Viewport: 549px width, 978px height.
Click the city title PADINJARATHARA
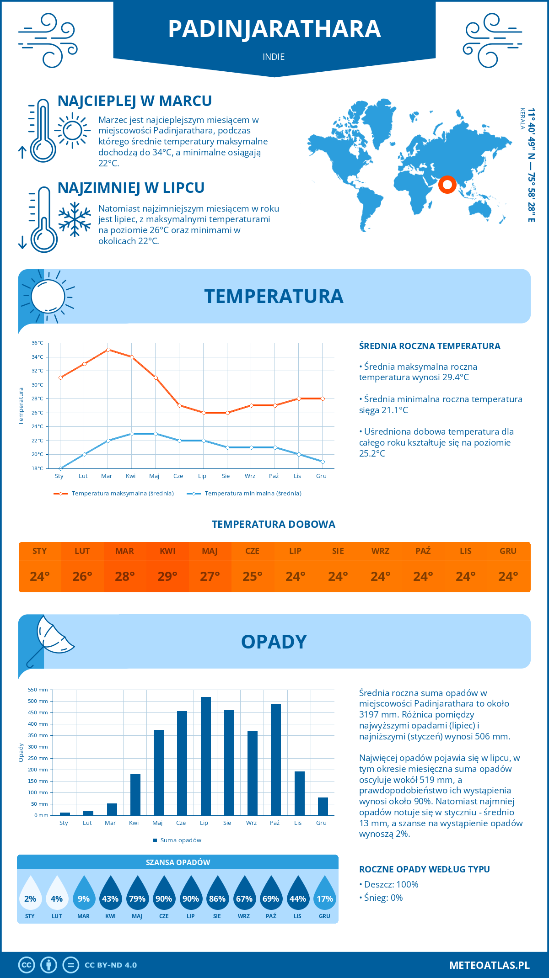click(x=274, y=29)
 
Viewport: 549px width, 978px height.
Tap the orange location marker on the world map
click(x=447, y=185)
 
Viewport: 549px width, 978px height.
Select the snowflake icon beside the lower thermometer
click(x=75, y=219)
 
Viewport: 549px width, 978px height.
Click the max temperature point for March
click(x=108, y=350)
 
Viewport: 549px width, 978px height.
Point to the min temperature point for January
click(x=60, y=468)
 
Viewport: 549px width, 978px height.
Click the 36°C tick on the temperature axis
click(x=38, y=343)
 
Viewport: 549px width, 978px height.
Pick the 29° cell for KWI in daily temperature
click(x=167, y=576)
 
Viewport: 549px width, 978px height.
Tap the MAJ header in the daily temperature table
click(x=210, y=551)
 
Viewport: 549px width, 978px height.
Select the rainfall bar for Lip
click(x=206, y=756)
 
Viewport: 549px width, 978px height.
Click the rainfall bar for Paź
click(x=275, y=760)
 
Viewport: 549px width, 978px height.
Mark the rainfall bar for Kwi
click(x=135, y=794)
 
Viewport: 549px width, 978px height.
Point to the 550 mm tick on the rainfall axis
click(x=38, y=690)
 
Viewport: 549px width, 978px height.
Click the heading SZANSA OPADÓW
click(x=178, y=862)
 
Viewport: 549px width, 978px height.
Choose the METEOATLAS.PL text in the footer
click(x=490, y=965)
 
